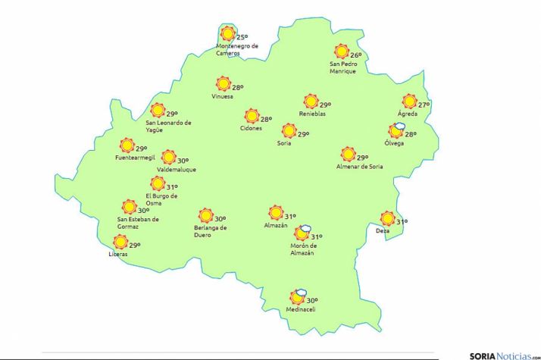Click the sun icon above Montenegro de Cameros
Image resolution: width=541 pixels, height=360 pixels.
click(x=227, y=33)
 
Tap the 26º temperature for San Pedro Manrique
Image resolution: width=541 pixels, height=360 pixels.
click(x=355, y=55)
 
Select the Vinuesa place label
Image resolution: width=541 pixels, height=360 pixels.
click(x=223, y=96)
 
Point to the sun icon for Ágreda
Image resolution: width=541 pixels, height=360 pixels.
click(x=410, y=102)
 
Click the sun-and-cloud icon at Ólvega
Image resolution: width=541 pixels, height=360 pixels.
click(x=396, y=131)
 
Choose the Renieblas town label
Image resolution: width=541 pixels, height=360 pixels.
click(x=312, y=114)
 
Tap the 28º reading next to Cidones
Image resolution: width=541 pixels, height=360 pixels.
click(x=266, y=119)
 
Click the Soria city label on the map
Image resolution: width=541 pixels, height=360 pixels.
click(x=284, y=142)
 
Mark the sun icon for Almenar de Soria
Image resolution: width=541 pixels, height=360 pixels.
click(x=348, y=153)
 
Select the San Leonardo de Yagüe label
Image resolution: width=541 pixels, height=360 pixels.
click(x=168, y=126)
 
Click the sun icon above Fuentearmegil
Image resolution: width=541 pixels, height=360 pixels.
click(x=127, y=146)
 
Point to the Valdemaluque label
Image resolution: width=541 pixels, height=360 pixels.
click(x=176, y=170)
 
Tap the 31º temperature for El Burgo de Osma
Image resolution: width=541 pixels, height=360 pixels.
click(x=172, y=187)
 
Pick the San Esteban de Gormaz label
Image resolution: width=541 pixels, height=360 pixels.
click(x=138, y=223)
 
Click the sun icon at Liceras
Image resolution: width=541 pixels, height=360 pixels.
click(x=120, y=242)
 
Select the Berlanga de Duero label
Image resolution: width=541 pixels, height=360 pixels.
click(x=211, y=231)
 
